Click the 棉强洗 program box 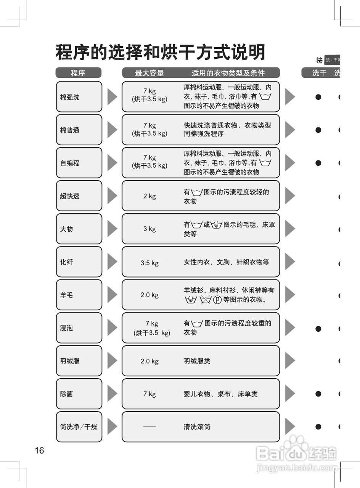(x=79, y=97)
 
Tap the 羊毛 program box (x=79, y=295)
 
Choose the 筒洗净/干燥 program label (x=79, y=427)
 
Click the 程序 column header (x=78, y=73)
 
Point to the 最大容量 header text (x=149, y=73)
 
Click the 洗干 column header (x=319, y=73)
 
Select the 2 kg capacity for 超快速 (x=149, y=196)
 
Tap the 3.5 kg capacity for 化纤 (x=149, y=263)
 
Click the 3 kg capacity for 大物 (x=149, y=229)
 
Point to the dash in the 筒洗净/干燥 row (x=149, y=427)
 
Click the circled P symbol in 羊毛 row (x=217, y=300)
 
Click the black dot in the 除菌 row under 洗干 (x=318, y=394)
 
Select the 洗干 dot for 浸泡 (x=318, y=328)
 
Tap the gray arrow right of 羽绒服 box (x=112, y=361)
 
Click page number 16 (x=39, y=450)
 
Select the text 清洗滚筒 (x=197, y=427)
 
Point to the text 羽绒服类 (x=197, y=361)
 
